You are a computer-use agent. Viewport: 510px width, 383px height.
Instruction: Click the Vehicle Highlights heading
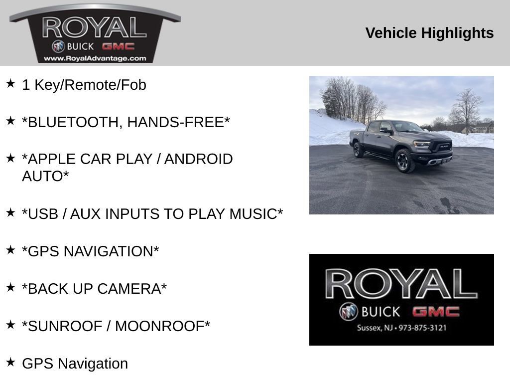(429, 33)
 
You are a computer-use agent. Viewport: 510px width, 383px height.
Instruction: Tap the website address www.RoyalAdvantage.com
(95, 59)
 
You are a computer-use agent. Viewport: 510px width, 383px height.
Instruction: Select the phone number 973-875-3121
(422, 328)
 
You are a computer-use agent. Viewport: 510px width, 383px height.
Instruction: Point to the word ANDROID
(198, 159)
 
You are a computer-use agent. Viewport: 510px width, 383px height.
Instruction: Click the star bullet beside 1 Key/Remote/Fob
(10, 83)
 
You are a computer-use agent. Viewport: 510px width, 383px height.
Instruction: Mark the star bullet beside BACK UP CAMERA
(10, 287)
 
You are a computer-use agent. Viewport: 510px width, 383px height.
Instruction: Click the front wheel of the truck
(404, 161)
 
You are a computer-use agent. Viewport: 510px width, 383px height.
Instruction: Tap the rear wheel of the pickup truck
(358, 150)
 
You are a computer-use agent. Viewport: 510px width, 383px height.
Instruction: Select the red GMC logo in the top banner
(118, 46)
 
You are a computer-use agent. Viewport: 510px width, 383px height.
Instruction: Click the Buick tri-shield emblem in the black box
(348, 312)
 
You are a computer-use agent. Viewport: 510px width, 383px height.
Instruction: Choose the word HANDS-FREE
(179, 122)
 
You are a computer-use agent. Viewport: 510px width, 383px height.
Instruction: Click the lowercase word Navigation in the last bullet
(93, 364)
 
